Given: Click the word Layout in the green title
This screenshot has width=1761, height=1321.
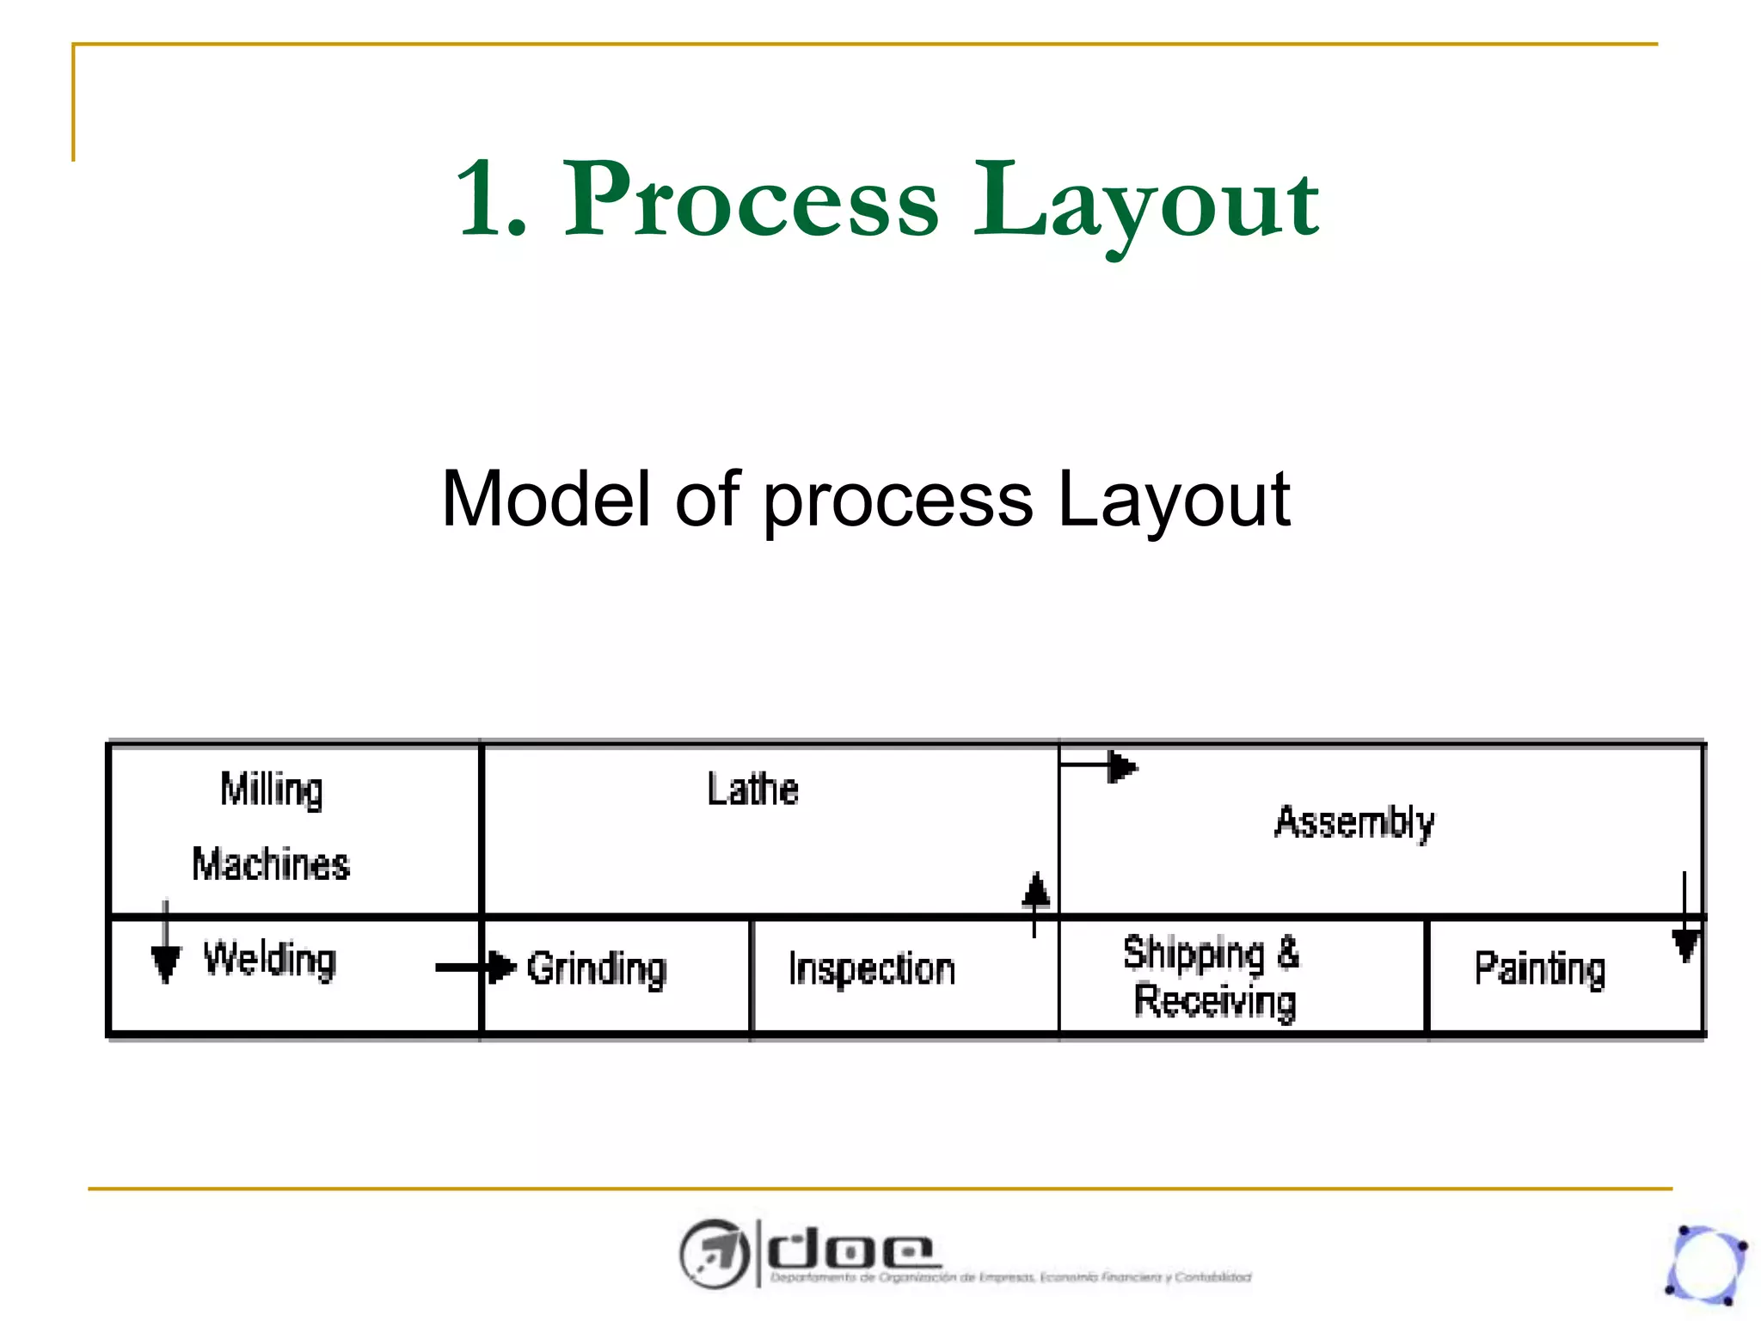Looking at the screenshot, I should (1145, 203).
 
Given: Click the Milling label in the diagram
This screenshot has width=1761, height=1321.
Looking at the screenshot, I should (272, 790).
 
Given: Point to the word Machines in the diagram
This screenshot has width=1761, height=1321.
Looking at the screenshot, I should (271, 864).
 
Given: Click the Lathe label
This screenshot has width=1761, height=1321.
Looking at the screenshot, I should (752, 789).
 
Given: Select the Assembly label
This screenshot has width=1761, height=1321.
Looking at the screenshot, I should (1354, 822).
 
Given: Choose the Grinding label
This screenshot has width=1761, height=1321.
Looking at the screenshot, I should (597, 969).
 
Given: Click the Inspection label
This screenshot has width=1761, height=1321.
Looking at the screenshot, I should (872, 969).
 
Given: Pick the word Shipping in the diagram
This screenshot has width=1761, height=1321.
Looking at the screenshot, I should (1193, 954).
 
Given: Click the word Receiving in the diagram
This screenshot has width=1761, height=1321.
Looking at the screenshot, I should (1214, 1002).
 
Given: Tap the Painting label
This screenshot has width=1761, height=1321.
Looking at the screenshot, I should (1540, 969).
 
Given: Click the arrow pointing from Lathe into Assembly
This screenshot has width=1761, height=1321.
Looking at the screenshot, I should (1101, 766).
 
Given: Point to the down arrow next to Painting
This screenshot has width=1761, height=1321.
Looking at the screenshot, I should (1684, 920).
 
